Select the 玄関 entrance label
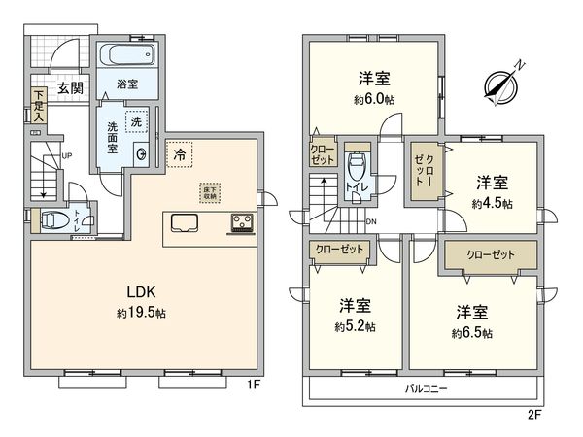pos(68,87)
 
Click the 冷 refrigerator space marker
pos(180,153)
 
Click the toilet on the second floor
pos(356,170)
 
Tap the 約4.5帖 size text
pos(492,203)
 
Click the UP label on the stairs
pos(66,155)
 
